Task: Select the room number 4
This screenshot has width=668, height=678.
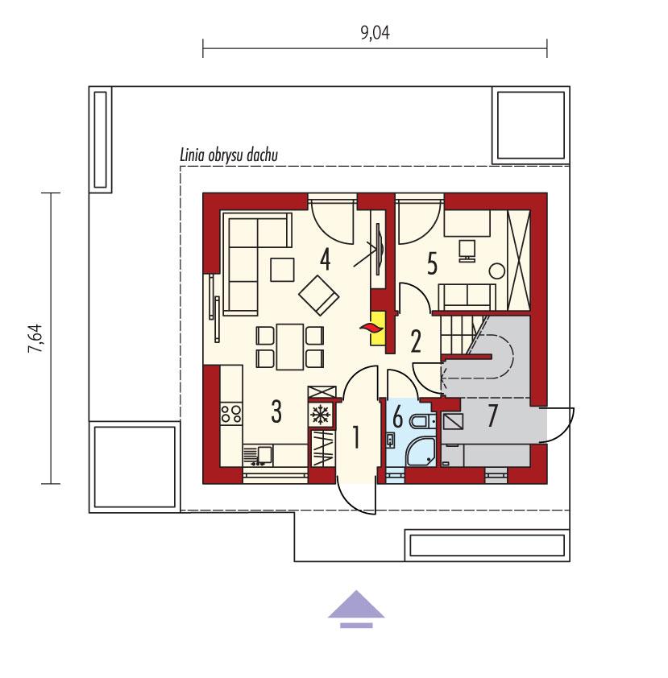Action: tap(325, 259)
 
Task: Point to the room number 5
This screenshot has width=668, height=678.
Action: tap(431, 263)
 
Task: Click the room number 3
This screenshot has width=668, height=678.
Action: tap(276, 412)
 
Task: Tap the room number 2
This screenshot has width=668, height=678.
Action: tap(416, 341)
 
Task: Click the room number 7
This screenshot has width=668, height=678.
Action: tap(492, 417)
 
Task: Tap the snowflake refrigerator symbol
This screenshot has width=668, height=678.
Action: tap(321, 415)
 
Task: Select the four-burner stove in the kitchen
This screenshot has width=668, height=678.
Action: tap(230, 414)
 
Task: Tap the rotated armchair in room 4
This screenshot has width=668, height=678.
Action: tap(319, 294)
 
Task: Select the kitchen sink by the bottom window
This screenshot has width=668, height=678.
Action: tap(258, 456)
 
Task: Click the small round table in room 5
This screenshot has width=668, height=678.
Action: tap(497, 271)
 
